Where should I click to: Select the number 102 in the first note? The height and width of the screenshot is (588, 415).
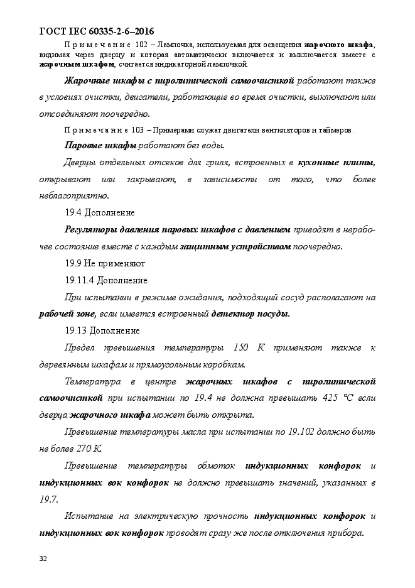[x=142, y=45]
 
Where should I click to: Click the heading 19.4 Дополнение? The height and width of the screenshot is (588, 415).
[x=100, y=212]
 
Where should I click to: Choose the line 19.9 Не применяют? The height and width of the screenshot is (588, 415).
[x=105, y=263]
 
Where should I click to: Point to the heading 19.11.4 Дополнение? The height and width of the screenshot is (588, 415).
[x=106, y=280]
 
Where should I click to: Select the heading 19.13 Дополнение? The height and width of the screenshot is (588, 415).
[x=102, y=330]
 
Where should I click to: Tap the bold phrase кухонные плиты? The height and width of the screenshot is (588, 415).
[x=337, y=163]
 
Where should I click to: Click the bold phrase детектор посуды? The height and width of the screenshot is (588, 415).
[x=251, y=313]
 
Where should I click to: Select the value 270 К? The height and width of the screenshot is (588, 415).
[x=88, y=449]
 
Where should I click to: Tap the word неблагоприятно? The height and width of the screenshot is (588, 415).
[x=69, y=195]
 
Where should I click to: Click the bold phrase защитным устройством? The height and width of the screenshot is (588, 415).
[x=235, y=246]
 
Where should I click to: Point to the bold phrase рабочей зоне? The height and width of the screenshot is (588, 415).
[x=67, y=313]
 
